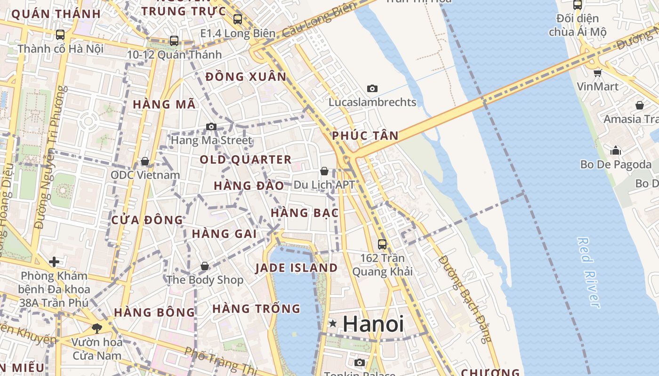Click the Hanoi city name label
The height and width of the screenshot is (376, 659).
pyautogui.click(x=373, y=324)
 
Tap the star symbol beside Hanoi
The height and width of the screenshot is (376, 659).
pyautogui.click(x=333, y=323)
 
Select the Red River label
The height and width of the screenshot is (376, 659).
pyautogui.click(x=588, y=273)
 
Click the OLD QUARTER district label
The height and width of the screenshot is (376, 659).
pyautogui.click(x=246, y=160)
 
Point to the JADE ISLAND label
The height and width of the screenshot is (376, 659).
pyautogui.click(x=297, y=268)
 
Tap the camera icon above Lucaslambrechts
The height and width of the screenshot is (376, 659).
pyautogui.click(x=372, y=88)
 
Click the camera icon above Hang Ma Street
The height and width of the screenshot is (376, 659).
pyautogui.click(x=211, y=126)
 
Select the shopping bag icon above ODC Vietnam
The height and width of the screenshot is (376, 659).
pyautogui.click(x=145, y=161)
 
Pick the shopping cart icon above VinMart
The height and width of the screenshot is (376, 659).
pyautogui.click(x=597, y=72)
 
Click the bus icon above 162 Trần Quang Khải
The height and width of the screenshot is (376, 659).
pyautogui.click(x=382, y=244)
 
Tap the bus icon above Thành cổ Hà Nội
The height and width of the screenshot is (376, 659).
pyautogui.click(x=60, y=34)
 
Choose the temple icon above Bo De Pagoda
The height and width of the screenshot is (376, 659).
pyautogui.click(x=616, y=150)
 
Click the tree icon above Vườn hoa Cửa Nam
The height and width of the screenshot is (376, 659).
pyautogui.click(x=97, y=328)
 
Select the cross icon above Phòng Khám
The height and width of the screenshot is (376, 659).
pyautogui.click(x=54, y=261)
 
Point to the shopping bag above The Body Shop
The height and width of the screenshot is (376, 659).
pyautogui.click(x=205, y=266)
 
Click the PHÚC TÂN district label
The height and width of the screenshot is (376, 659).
pyautogui.click(x=365, y=136)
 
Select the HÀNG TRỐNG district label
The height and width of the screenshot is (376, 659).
pyautogui.click(x=256, y=309)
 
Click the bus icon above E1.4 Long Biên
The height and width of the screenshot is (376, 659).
pyautogui.click(x=238, y=19)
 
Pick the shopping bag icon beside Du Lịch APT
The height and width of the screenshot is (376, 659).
pyautogui.click(x=324, y=171)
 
